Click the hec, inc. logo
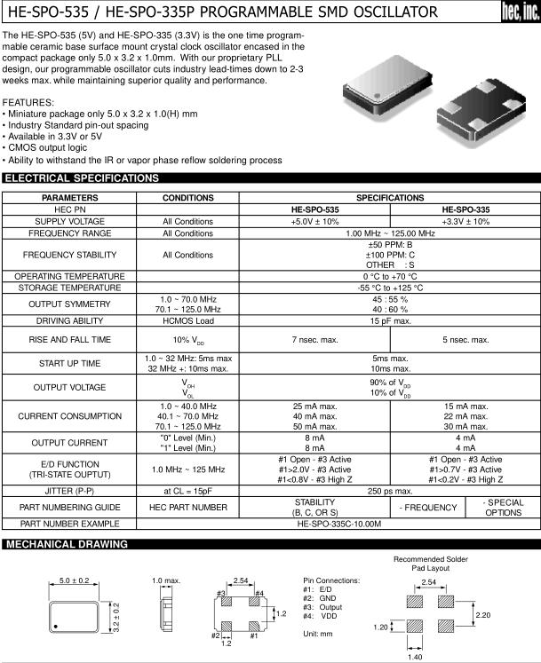[x=520, y=12]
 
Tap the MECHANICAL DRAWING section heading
[x=67, y=544]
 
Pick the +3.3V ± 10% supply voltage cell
[x=465, y=221]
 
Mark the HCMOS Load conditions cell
[x=187, y=321]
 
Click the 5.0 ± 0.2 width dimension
[x=75, y=580]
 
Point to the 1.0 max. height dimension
[x=165, y=580]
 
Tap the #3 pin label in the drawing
[x=220, y=593]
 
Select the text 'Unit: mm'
[x=317, y=634]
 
